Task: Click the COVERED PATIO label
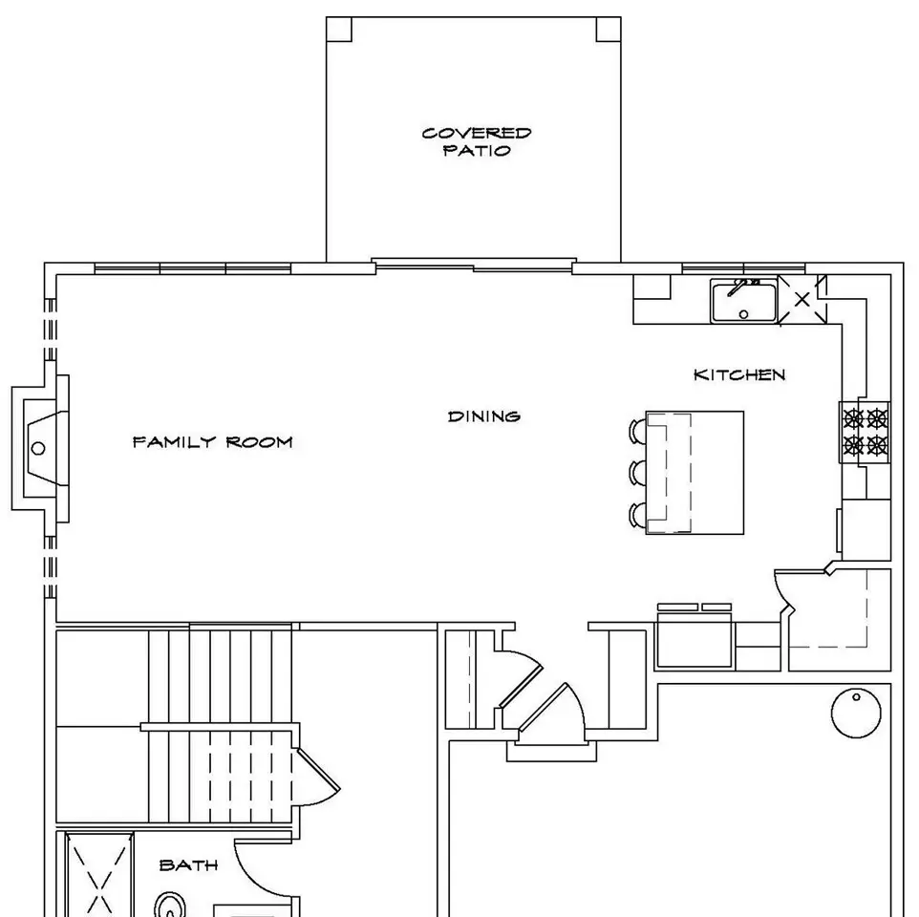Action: [477, 141]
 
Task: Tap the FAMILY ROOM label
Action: [213, 442]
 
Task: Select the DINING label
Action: [484, 416]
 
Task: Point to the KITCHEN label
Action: [739, 375]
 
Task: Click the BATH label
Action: [189, 864]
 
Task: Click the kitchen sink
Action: [744, 301]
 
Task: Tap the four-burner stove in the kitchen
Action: [866, 433]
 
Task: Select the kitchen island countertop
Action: [695, 472]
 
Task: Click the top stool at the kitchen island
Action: [637, 431]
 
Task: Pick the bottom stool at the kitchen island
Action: [637, 515]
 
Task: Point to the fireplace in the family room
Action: [40, 448]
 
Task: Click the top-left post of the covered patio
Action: [339, 30]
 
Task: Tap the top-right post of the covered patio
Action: [609, 30]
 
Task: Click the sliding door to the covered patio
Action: [474, 266]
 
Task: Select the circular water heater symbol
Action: [856, 713]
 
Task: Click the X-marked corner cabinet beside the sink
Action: [801, 300]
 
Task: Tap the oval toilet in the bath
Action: [170, 905]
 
